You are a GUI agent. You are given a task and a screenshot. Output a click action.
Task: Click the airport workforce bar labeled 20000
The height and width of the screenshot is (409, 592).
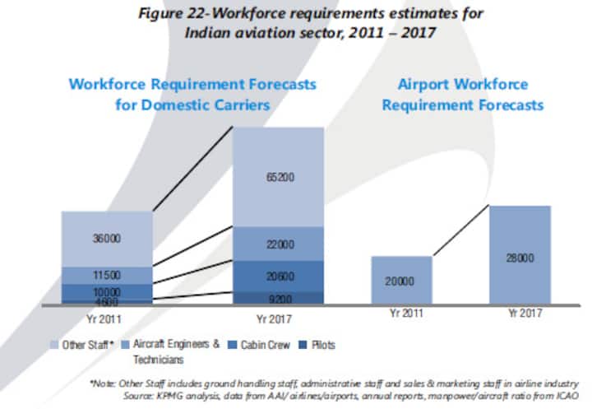click(x=401, y=281)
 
